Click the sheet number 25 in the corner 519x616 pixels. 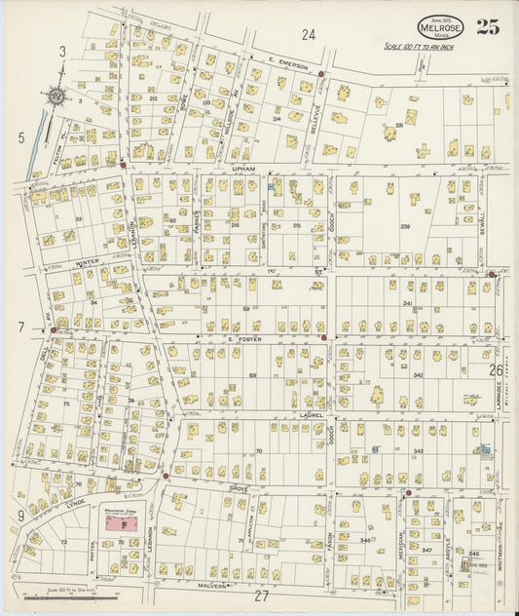point(488,26)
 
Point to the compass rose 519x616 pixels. point(56,96)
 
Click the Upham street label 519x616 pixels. point(242,169)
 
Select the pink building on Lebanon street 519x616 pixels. point(123,523)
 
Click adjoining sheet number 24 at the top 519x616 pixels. point(309,35)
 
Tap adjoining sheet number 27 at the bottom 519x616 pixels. point(261,596)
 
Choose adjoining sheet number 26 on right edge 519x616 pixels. point(496,370)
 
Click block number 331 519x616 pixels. point(398,125)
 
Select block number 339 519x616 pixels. point(405,226)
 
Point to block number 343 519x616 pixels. point(418,450)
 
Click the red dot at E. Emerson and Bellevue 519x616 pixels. point(320,74)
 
